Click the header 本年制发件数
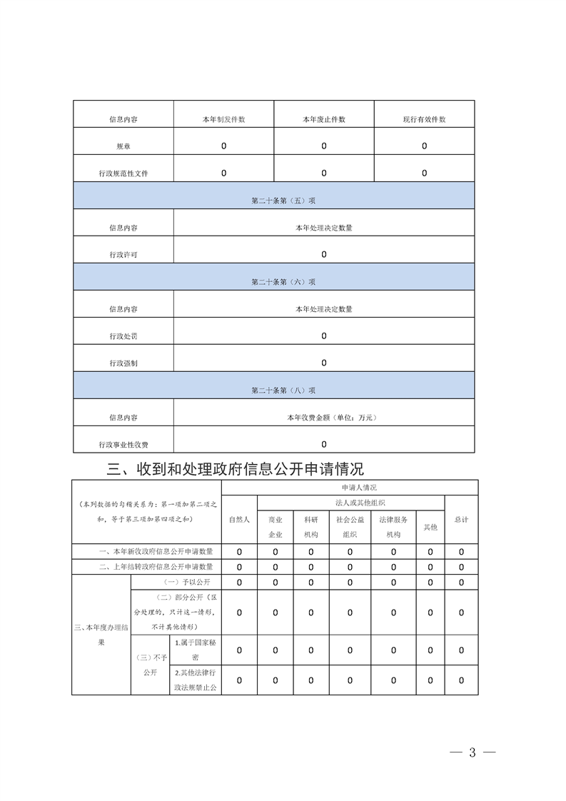click(223, 119)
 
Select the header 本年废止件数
click(323, 119)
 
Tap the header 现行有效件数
click(424, 119)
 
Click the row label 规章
click(123, 146)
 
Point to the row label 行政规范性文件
click(123, 173)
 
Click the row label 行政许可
click(123, 255)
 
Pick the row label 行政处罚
click(123, 336)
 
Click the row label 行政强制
click(123, 363)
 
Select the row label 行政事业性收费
click(123, 445)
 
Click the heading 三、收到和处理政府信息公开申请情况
click(235, 469)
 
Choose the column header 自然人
click(239, 520)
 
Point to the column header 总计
click(461, 520)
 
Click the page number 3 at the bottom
click(471, 753)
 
